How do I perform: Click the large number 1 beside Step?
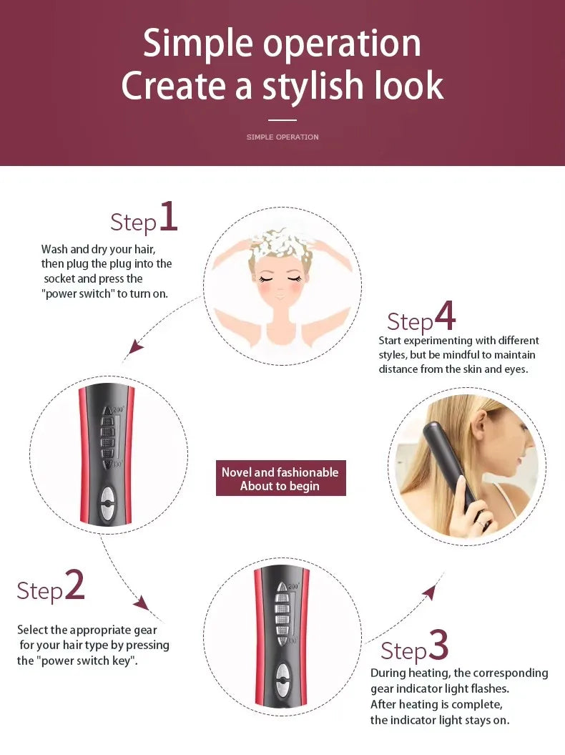(x=168, y=217)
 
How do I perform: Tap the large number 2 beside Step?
(x=75, y=586)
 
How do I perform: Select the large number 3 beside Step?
(x=438, y=646)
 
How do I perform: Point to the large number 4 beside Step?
(x=444, y=316)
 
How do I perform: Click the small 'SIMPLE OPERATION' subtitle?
(x=282, y=137)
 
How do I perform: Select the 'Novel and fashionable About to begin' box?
(x=280, y=478)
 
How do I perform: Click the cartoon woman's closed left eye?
(x=266, y=278)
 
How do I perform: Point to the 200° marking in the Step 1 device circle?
(x=117, y=409)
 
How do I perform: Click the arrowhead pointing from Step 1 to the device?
(x=134, y=349)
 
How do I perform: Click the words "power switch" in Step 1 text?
(x=79, y=293)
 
